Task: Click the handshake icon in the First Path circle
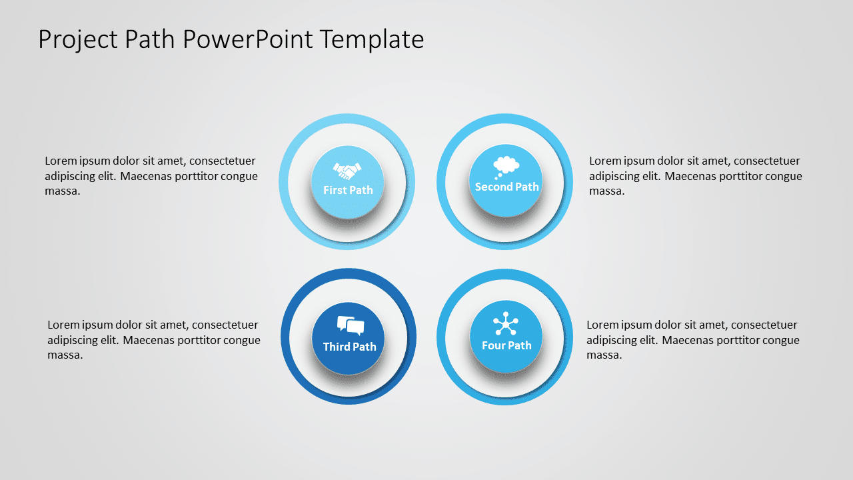[x=347, y=171]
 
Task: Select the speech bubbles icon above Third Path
[x=351, y=325]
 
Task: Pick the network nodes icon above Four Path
[x=506, y=325]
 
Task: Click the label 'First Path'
[x=348, y=190]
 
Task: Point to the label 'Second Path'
[x=506, y=187]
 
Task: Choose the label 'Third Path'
[x=349, y=347]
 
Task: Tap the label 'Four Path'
[x=506, y=345]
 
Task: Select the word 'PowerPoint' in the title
[x=248, y=40]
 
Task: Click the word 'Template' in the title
[x=371, y=40]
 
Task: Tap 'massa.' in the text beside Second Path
[x=606, y=191]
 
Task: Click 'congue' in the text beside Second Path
[x=784, y=176]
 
